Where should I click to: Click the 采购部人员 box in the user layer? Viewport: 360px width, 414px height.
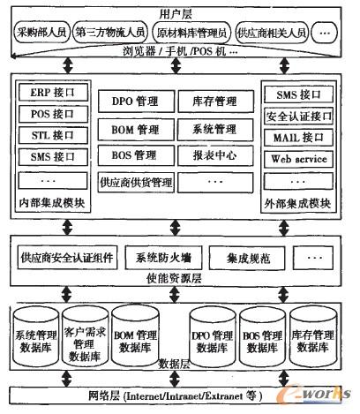coord(42,33)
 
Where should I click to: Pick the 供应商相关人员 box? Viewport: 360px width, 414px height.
coord(272,33)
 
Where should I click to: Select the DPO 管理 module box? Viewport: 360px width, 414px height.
coord(135,102)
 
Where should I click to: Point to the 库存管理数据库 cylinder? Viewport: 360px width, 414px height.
coord(314,340)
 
